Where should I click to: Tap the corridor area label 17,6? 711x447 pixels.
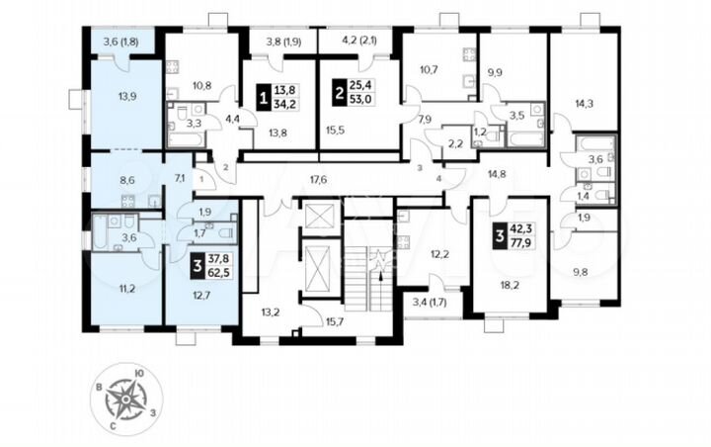point(318,179)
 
